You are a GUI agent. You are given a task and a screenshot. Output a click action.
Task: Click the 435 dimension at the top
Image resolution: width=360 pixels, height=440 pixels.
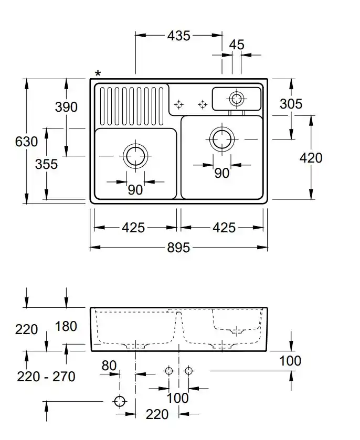pos(178,36)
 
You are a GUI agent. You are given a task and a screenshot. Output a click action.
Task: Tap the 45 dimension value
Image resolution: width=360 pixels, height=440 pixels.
pos(237,45)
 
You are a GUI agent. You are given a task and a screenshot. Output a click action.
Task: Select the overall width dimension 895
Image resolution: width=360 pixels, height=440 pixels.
pos(178,248)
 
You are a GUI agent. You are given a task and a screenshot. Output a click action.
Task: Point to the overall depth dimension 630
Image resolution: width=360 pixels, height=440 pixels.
pos(26,142)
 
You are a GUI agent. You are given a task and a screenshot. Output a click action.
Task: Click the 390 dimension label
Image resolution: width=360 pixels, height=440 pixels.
pos(66,107)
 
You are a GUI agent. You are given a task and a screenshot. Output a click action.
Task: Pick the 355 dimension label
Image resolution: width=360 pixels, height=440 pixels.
pos(46,164)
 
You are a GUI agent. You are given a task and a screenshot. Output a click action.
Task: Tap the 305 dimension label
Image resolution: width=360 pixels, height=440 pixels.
pos(291,104)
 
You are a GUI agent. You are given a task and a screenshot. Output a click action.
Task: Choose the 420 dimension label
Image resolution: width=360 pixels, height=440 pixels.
pos(311,157)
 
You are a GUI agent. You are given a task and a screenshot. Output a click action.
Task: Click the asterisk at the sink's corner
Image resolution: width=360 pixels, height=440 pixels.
pos(98,74)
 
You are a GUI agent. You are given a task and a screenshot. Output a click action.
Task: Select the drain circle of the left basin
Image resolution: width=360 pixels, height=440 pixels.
pos(135,155)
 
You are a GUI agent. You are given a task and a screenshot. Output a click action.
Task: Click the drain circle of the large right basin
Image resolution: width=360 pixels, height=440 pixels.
pos(222,138)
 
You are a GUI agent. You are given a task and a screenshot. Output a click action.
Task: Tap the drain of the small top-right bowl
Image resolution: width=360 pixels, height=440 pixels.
pos(236,98)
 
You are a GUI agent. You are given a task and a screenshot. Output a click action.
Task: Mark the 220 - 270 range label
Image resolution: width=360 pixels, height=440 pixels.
pos(46,376)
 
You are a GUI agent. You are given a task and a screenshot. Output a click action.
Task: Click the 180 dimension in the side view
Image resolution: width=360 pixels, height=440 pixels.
pos(66,326)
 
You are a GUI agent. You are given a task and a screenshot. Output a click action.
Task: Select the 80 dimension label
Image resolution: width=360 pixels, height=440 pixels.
pos(109,365)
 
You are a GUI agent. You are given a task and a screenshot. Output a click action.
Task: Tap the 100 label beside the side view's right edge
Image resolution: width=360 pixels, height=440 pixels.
pos(290,360)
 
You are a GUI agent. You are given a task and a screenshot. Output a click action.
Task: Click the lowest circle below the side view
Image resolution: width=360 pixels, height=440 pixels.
pos(120,402)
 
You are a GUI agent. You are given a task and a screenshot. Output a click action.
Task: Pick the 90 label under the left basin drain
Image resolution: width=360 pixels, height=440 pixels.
pos(135,190)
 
